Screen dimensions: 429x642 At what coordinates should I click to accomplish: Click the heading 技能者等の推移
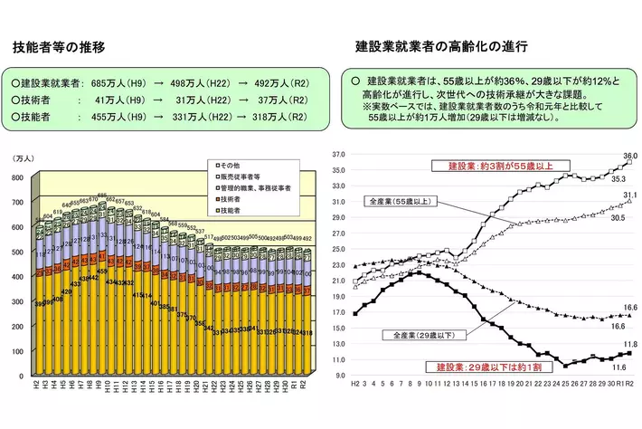coord(59,46)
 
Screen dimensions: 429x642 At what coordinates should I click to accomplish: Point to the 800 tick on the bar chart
coord(18,178)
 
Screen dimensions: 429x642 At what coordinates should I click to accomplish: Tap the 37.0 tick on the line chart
coord(339,155)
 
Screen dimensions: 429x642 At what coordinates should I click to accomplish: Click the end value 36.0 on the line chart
coord(630,156)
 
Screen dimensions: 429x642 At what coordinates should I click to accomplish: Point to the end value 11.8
coord(630,344)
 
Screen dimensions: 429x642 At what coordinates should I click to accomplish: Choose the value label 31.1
coord(630,195)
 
